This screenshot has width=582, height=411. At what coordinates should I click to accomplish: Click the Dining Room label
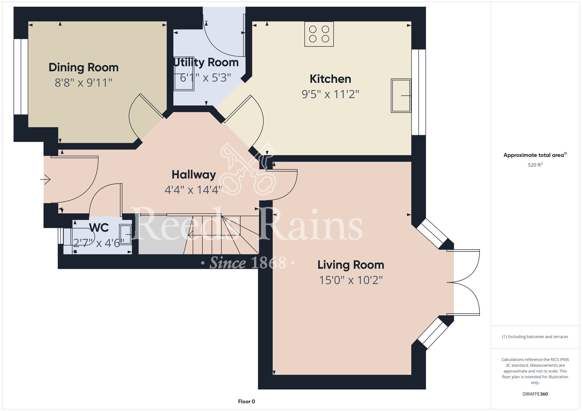(84, 67)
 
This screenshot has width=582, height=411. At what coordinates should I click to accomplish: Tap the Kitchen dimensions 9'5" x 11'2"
(330, 94)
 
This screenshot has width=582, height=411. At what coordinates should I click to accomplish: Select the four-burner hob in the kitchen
(319, 34)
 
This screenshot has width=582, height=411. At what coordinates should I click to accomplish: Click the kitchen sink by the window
(401, 96)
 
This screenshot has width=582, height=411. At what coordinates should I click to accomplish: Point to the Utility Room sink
(184, 74)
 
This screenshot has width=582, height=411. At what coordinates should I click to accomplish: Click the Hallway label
(194, 175)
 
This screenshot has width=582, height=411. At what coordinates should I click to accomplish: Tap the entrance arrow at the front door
(45, 179)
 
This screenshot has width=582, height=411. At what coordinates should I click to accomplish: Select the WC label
(99, 228)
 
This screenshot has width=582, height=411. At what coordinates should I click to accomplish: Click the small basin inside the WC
(125, 234)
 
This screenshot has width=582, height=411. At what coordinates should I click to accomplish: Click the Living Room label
(351, 265)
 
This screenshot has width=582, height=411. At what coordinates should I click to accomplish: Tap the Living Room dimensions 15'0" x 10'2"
(351, 280)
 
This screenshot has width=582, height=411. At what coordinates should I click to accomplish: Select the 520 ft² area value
(535, 165)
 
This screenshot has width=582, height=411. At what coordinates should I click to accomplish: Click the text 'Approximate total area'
(534, 155)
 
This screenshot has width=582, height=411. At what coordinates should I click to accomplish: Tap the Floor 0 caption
(246, 401)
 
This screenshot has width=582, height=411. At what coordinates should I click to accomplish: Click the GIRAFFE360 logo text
(535, 394)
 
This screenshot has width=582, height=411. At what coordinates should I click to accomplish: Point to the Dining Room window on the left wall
(21, 77)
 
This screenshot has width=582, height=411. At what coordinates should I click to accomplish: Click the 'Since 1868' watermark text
(248, 263)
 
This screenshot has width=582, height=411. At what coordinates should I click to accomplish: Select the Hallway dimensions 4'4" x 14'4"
(194, 190)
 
